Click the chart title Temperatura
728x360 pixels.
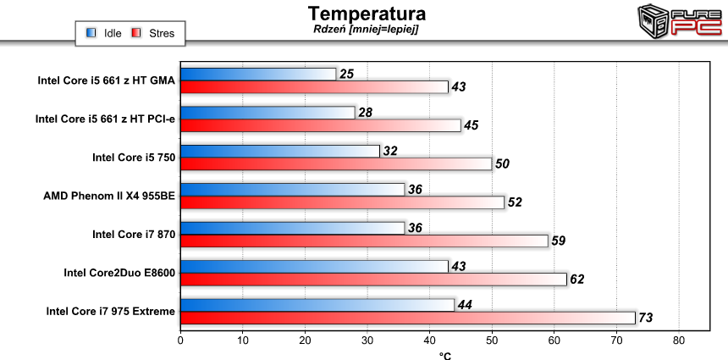367,14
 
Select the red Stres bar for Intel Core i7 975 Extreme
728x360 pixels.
407,318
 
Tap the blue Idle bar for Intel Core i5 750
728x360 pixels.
279,151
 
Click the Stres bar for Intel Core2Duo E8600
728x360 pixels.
373,280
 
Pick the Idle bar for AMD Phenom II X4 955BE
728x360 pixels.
292,189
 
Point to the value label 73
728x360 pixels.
647,318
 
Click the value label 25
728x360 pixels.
346,75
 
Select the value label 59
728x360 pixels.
558,241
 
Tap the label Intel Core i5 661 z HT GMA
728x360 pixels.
107,81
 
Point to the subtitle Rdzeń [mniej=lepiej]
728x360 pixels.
366,29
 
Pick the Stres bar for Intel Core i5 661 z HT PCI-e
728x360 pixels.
321,125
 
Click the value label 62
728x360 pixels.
576,280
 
